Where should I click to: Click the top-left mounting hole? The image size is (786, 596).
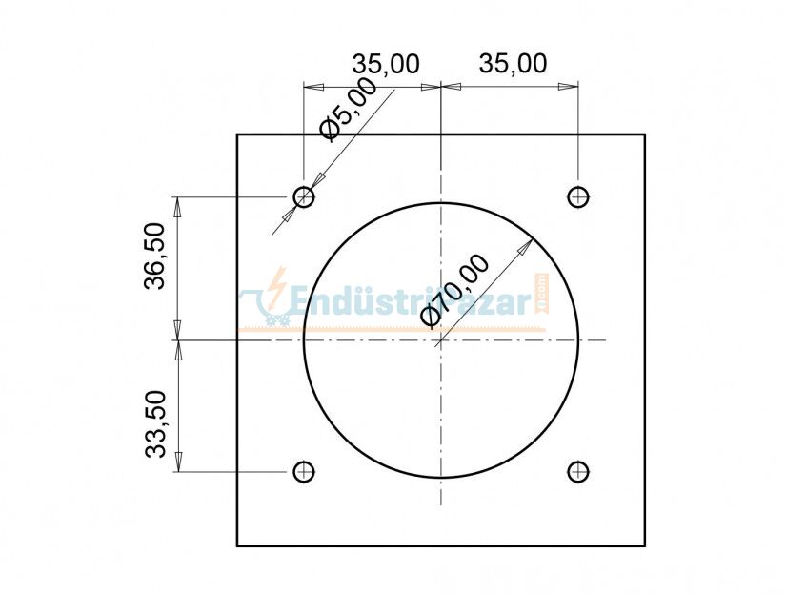pyautogui.click(x=304, y=197)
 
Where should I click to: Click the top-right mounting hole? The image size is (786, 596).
pyautogui.click(x=577, y=197)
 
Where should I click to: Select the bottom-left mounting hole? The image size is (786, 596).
pyautogui.click(x=304, y=471)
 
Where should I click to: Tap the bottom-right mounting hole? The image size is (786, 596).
pyautogui.click(x=577, y=471)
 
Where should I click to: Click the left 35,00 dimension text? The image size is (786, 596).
pyautogui.click(x=386, y=64)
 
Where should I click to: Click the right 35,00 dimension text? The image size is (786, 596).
pyautogui.click(x=513, y=64)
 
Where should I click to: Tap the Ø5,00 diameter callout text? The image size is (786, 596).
pyautogui.click(x=348, y=109)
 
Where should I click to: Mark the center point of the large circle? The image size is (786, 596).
pyautogui.click(x=441, y=340)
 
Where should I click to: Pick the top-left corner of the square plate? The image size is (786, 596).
pyautogui.click(x=237, y=134)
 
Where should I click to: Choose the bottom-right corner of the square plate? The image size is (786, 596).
pyautogui.click(x=645, y=545)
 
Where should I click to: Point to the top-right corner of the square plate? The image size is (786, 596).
pyautogui.click(x=645, y=134)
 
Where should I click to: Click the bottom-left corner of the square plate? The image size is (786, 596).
pyautogui.click(x=237, y=545)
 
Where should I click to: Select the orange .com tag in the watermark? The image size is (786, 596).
pyautogui.click(x=539, y=291)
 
